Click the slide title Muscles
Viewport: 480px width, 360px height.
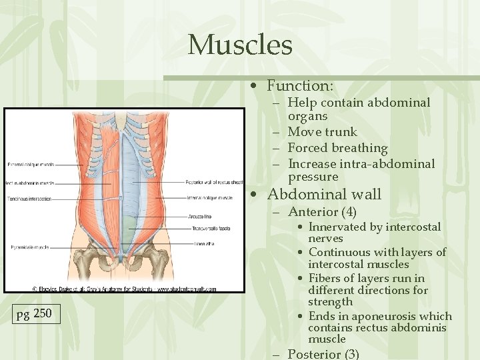[240, 45]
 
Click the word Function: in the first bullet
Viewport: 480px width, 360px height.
[300, 86]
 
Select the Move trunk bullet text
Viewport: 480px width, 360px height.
[322, 132]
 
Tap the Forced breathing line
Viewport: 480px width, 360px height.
[337, 148]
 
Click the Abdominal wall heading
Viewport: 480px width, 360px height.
[324, 195]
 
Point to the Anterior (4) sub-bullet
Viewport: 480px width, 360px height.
[322, 213]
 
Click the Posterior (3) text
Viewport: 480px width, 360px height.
[323, 354]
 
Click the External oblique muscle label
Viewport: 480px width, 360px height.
[30, 164]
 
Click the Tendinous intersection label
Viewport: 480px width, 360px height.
[29, 198]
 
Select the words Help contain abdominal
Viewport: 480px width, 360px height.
[359, 103]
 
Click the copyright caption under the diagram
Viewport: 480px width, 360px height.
[124, 289]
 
